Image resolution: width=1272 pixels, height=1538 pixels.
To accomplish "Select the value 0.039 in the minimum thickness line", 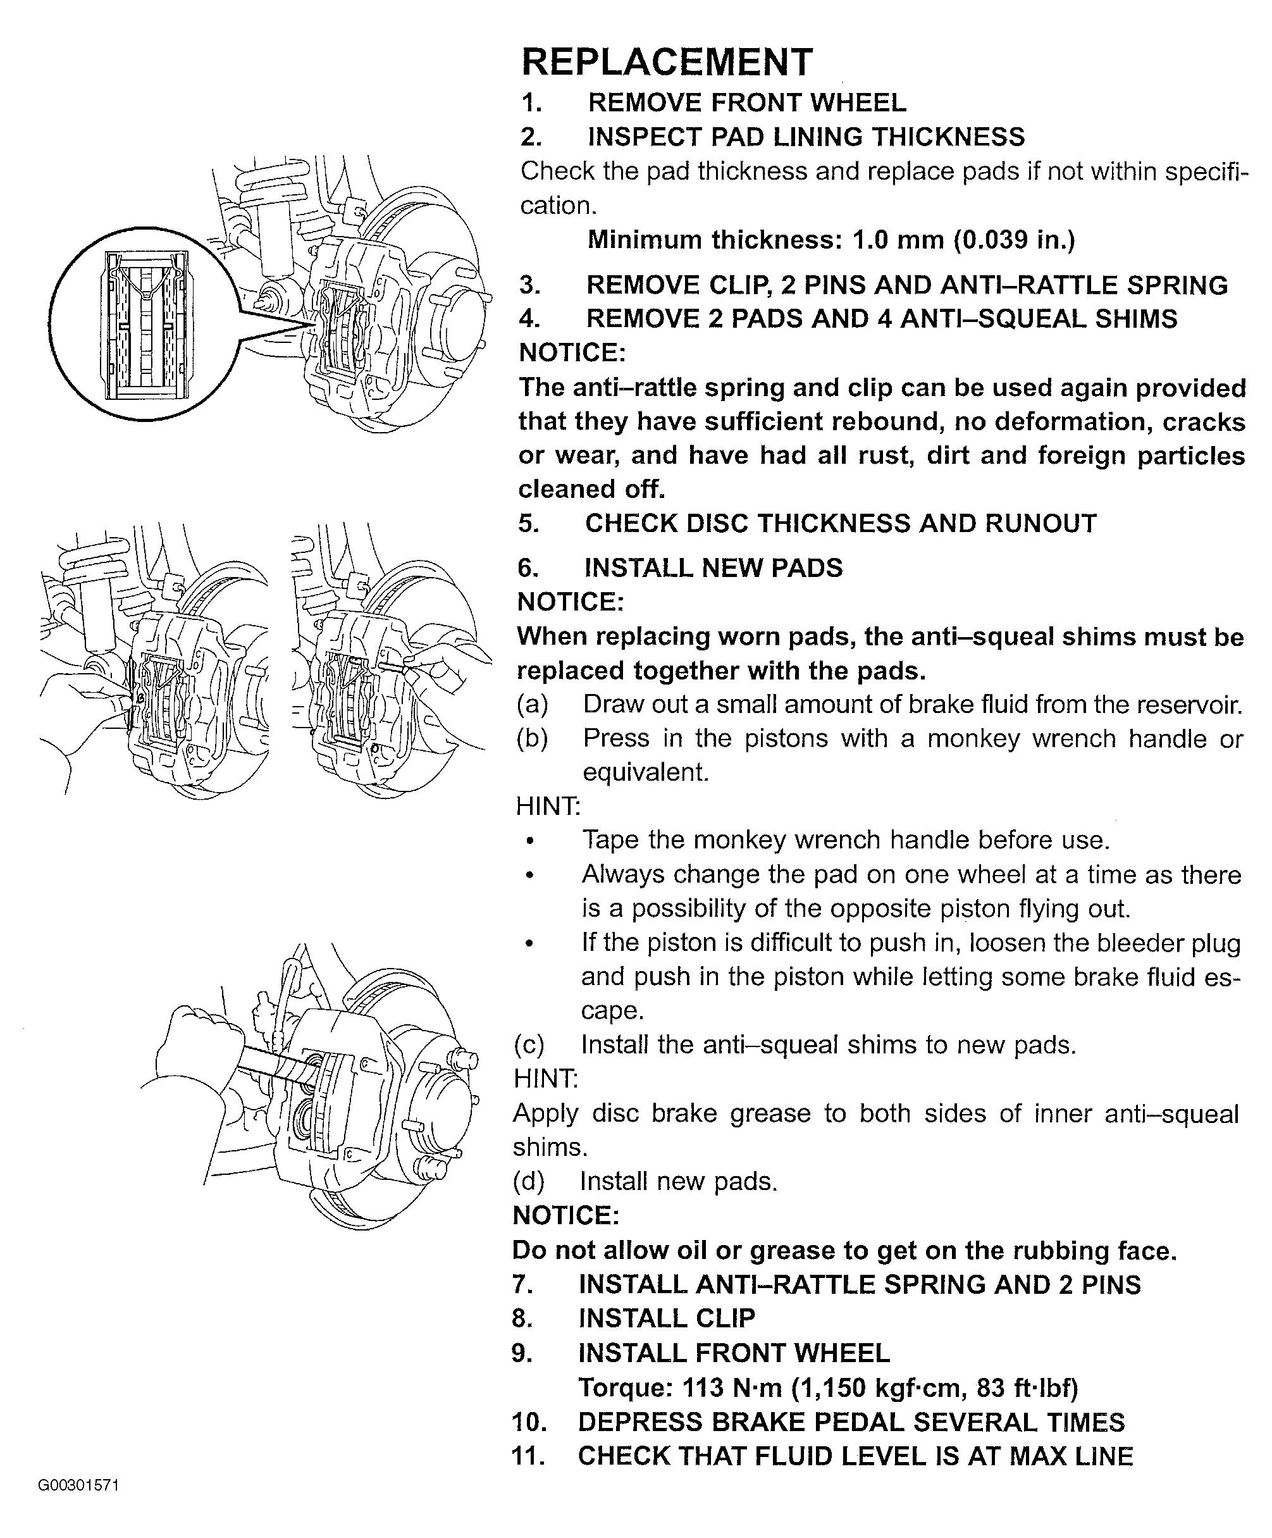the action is pyautogui.click(x=994, y=240).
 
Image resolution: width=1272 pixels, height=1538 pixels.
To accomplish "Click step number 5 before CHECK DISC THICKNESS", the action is pyautogui.click(x=529, y=524).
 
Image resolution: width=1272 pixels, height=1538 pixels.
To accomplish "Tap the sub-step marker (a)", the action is pyautogui.click(x=533, y=705).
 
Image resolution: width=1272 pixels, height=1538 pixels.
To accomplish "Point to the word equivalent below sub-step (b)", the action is pyautogui.click(x=645, y=772).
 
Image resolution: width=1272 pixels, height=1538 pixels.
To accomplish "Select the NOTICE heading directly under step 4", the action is pyautogui.click(x=572, y=353).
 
